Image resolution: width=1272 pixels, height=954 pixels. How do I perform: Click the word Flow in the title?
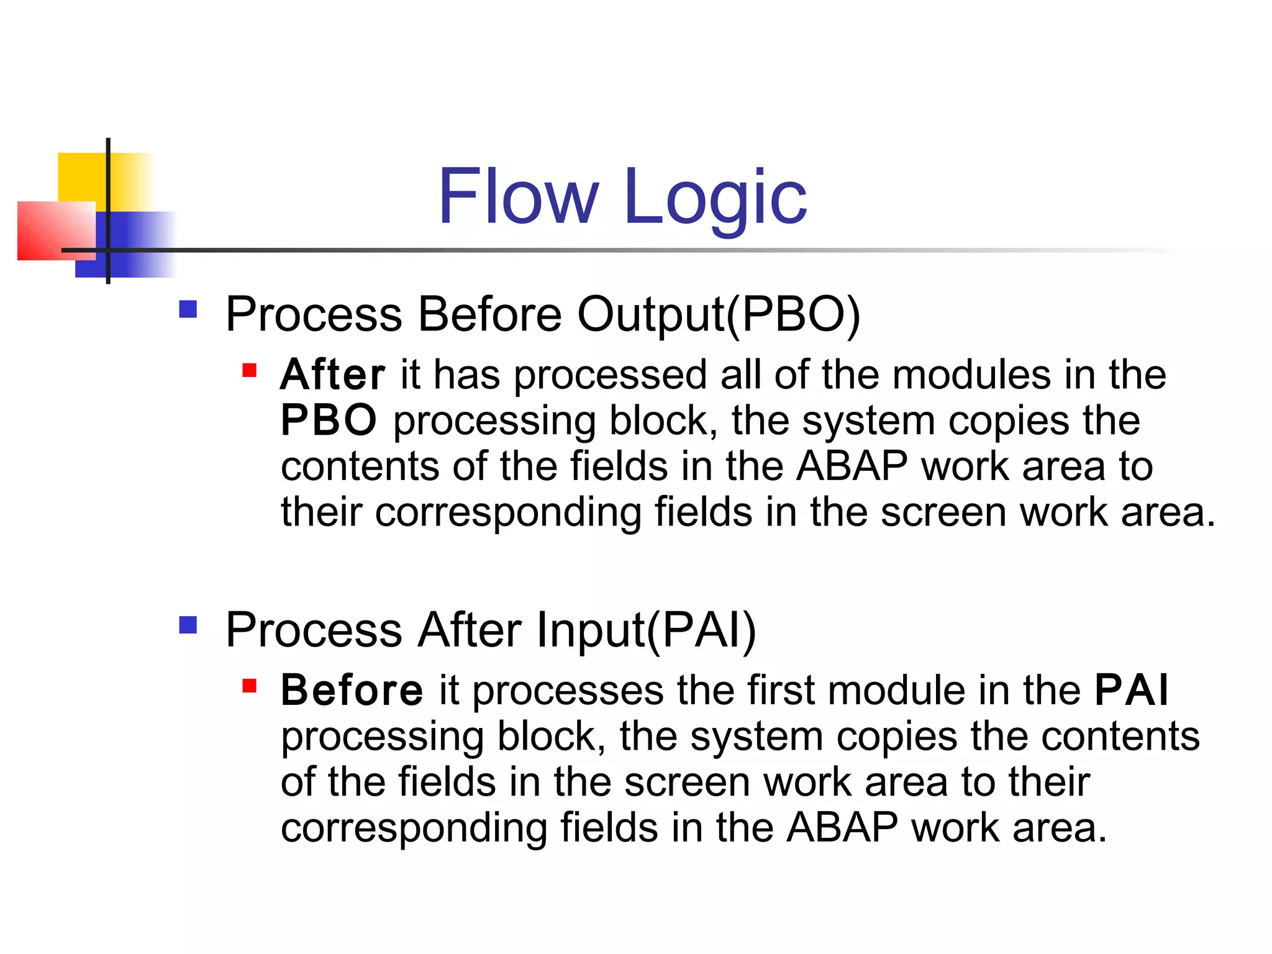coord(519,197)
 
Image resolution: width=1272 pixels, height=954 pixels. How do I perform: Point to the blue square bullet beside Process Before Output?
coord(188,309)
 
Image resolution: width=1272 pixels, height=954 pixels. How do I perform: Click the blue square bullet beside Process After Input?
coord(188,625)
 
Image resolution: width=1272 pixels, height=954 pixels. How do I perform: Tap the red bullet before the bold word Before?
coord(249,686)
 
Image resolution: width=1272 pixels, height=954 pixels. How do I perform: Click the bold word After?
coord(332,375)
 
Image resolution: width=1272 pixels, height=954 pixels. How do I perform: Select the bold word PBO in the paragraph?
coord(328,421)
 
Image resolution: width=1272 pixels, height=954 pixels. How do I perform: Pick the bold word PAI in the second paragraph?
coord(1131,690)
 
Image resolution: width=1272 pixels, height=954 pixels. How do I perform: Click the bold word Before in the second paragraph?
coord(352,690)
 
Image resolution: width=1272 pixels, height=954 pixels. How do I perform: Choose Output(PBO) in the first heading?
coord(719,315)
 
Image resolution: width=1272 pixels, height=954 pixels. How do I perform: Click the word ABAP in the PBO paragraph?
coord(852,466)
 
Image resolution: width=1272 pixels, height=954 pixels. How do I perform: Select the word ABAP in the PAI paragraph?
coord(842,828)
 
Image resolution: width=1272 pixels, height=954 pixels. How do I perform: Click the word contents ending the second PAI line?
coord(1120,737)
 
